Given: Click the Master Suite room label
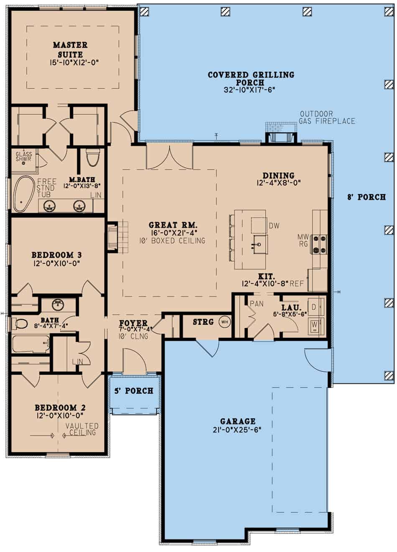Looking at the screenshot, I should (70, 49).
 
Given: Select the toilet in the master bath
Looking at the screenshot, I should (92, 157).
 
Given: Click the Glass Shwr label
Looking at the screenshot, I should (24, 157).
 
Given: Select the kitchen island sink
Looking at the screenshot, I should (258, 243).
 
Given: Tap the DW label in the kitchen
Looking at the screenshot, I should (274, 226).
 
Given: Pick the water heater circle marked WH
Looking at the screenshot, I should (224, 322).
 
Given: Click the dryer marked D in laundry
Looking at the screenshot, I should (315, 307).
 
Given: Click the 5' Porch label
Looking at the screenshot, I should (134, 391).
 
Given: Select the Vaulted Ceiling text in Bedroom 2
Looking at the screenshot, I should (82, 429).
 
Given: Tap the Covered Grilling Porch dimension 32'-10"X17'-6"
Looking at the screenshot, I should (251, 90).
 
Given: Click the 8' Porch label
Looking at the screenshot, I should (366, 197).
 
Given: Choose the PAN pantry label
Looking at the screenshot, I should (257, 303).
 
